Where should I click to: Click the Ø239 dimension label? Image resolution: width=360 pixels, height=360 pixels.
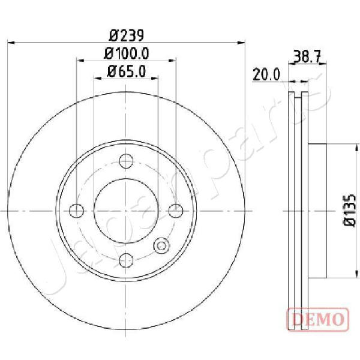point(126,35)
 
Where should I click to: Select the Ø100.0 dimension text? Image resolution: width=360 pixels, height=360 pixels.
point(127,53)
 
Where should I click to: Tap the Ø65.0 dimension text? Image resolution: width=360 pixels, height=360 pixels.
point(127,71)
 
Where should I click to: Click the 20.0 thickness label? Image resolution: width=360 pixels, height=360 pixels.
point(266,74)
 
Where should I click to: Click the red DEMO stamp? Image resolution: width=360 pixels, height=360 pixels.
point(319,319)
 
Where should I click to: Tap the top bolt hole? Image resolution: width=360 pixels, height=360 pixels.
point(126,161)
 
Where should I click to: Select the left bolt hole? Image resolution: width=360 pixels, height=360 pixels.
point(76,211)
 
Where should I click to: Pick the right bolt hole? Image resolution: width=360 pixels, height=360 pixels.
point(176,211)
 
